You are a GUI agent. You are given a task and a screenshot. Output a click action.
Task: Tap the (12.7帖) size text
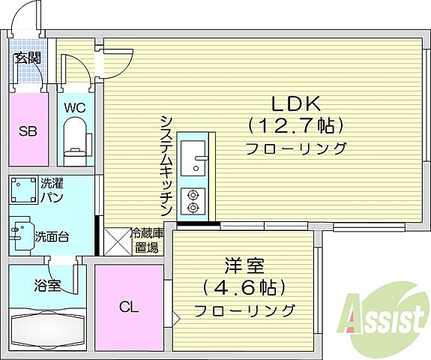click(x=295, y=125)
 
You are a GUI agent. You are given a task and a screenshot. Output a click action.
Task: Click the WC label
click(x=74, y=106)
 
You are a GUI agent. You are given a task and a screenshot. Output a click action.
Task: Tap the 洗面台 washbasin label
click(x=52, y=236)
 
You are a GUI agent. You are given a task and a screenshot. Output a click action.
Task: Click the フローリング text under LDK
click(x=296, y=148)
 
